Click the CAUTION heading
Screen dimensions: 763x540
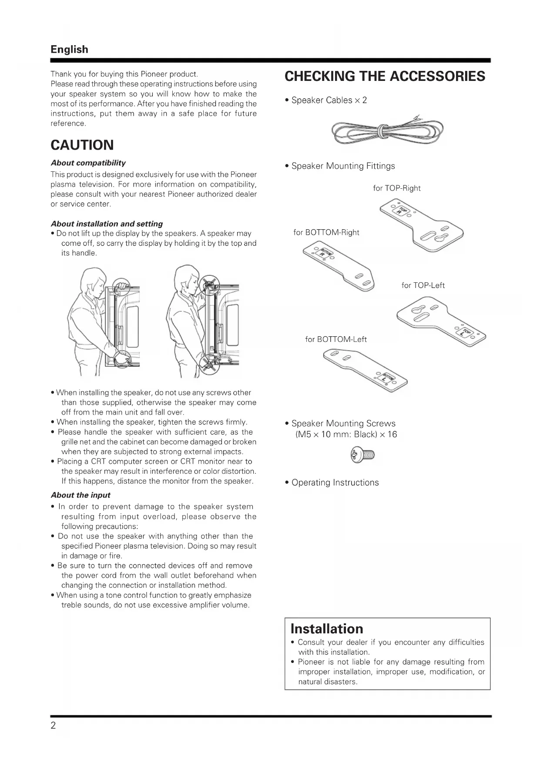(82, 145)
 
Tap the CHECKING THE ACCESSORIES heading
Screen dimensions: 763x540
(385, 76)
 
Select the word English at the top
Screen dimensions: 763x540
(69, 49)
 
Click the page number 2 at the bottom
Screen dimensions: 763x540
(53, 725)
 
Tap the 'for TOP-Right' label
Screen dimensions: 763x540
(396, 188)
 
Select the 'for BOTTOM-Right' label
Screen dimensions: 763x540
(326, 232)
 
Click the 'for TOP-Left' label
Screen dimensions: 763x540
(423, 285)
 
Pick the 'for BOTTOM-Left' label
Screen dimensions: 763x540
(336, 339)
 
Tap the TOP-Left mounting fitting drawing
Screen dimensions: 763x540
(441, 324)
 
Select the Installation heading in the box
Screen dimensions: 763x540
(326, 629)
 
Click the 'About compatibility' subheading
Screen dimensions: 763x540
(88, 163)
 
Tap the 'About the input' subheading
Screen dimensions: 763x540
(80, 495)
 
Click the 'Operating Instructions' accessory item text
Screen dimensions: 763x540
(335, 482)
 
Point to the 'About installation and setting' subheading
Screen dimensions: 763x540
(107, 224)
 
